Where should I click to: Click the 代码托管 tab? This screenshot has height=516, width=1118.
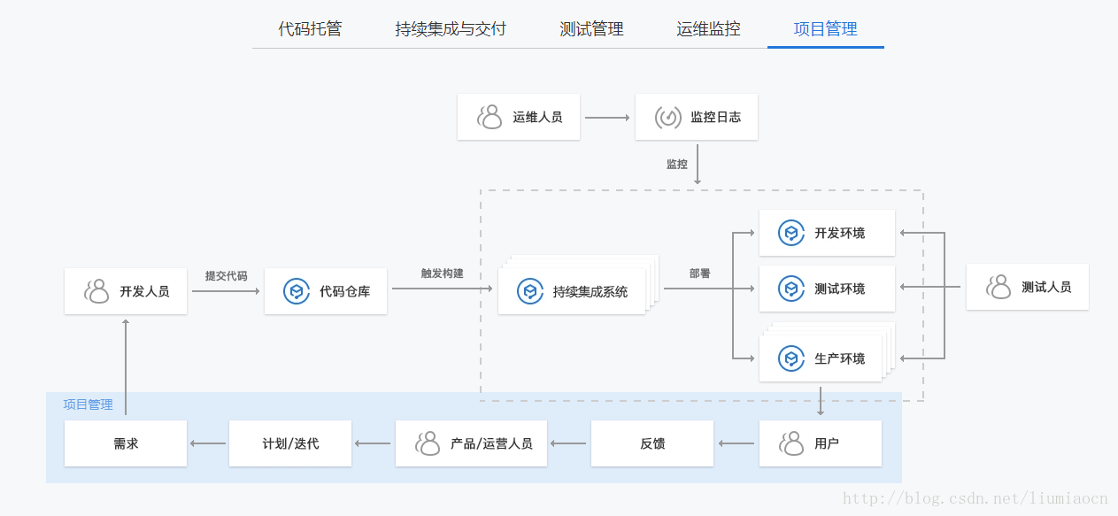click(x=310, y=29)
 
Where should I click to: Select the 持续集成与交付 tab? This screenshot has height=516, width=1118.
click(x=451, y=29)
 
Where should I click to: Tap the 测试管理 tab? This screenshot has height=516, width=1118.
click(x=591, y=29)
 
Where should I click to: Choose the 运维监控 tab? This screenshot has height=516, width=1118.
click(x=708, y=29)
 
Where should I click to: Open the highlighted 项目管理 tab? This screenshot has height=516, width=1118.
click(x=825, y=29)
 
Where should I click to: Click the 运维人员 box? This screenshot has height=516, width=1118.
click(x=519, y=117)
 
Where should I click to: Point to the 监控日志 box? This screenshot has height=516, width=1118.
click(x=697, y=117)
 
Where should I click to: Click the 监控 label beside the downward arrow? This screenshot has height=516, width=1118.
click(x=677, y=164)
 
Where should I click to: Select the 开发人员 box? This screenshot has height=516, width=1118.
click(x=126, y=291)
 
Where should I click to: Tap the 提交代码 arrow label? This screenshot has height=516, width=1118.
click(x=226, y=275)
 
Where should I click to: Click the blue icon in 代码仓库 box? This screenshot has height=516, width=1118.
click(x=297, y=291)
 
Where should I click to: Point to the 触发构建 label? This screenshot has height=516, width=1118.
click(x=442, y=273)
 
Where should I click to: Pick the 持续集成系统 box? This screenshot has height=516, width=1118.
click(x=572, y=291)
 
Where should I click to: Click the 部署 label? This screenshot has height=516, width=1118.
click(x=699, y=273)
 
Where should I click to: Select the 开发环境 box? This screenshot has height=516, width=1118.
click(x=827, y=233)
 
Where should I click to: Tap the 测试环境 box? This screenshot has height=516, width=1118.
click(x=827, y=289)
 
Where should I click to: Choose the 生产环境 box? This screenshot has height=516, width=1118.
click(x=821, y=358)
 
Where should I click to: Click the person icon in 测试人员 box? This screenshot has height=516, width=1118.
click(x=999, y=287)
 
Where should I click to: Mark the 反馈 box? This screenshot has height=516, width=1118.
click(x=652, y=443)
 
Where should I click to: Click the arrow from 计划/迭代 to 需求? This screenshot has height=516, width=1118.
click(x=208, y=443)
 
